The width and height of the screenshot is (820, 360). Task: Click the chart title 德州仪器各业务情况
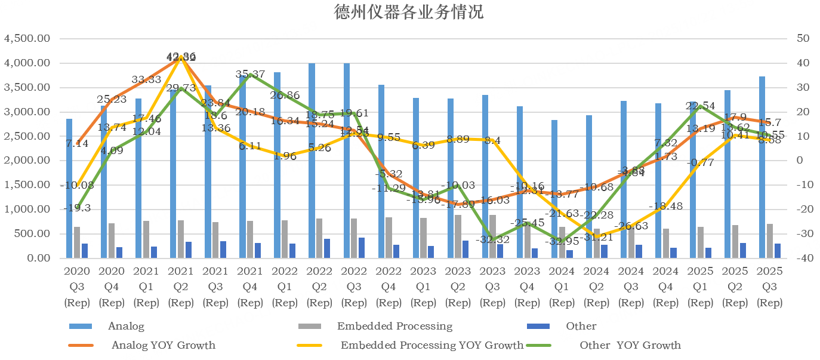(x=409, y=12)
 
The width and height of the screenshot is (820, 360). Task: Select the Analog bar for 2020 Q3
(x=69, y=188)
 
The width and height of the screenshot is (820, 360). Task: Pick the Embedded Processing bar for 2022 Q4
(x=389, y=238)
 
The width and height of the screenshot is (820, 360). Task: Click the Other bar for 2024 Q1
(x=569, y=254)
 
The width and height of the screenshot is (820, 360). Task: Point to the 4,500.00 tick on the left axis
(x=27, y=39)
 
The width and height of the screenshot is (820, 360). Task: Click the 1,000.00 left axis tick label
(x=27, y=210)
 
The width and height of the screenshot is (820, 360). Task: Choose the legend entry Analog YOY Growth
(x=163, y=345)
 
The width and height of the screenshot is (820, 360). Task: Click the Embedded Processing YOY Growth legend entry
(x=431, y=345)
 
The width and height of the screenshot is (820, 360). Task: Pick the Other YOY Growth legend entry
(x=630, y=345)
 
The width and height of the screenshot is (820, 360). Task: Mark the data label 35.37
(x=251, y=74)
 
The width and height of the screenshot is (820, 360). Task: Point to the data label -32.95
(x=562, y=242)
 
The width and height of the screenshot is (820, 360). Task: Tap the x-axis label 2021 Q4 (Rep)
(x=250, y=287)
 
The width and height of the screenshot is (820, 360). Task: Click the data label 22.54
(x=701, y=106)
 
